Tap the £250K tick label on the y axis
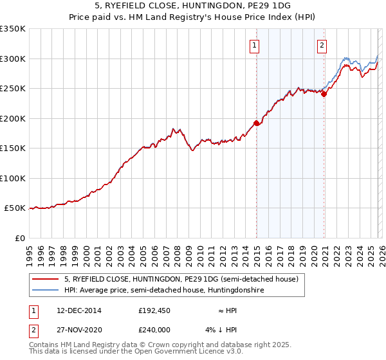tap(13, 89)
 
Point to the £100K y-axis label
tap(13, 179)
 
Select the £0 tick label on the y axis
tap(19, 239)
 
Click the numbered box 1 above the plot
tap(255, 45)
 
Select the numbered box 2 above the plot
tap(322, 45)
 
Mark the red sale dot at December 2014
tap(256, 123)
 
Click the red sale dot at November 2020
tap(324, 94)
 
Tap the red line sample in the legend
tap(46, 280)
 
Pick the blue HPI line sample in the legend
tap(46, 291)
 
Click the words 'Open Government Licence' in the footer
tap(174, 352)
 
